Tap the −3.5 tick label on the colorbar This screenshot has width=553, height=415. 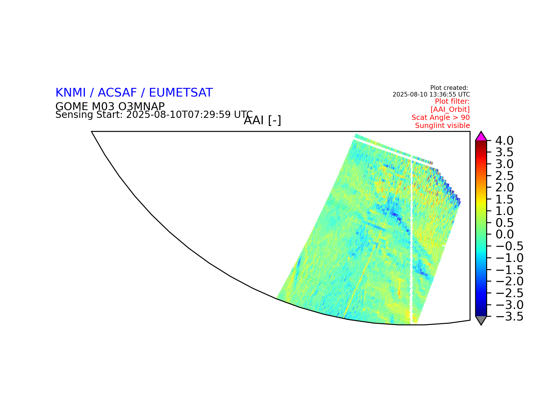[x=509, y=316]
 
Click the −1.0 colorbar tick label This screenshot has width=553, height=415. [x=509, y=258]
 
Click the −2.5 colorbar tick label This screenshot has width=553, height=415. [x=509, y=293]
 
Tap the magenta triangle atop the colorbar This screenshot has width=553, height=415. [x=481, y=137]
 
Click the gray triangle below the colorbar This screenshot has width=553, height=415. [x=481, y=320]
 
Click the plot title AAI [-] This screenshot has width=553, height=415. [x=262, y=120]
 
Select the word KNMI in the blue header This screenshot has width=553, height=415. [x=71, y=93]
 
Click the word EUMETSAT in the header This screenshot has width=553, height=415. [x=181, y=93]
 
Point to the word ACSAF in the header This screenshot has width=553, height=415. [x=117, y=93]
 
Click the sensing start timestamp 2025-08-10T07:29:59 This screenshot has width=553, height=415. [x=179, y=115]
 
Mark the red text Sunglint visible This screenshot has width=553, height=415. [x=442, y=126]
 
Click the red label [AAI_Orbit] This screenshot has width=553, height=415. [x=450, y=110]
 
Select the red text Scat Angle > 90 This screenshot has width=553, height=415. [x=441, y=118]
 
